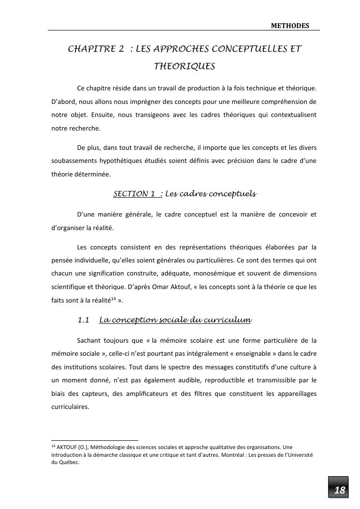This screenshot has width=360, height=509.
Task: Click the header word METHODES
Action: (x=289, y=25)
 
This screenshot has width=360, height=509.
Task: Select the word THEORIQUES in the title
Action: (x=184, y=67)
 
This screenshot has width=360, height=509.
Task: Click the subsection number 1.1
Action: (x=84, y=320)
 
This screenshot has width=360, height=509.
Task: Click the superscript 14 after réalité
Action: (x=114, y=298)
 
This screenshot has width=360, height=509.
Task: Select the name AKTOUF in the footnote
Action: (x=64, y=447)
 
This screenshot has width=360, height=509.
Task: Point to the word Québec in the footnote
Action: (x=68, y=462)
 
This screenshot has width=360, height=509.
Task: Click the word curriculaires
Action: (x=70, y=407)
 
